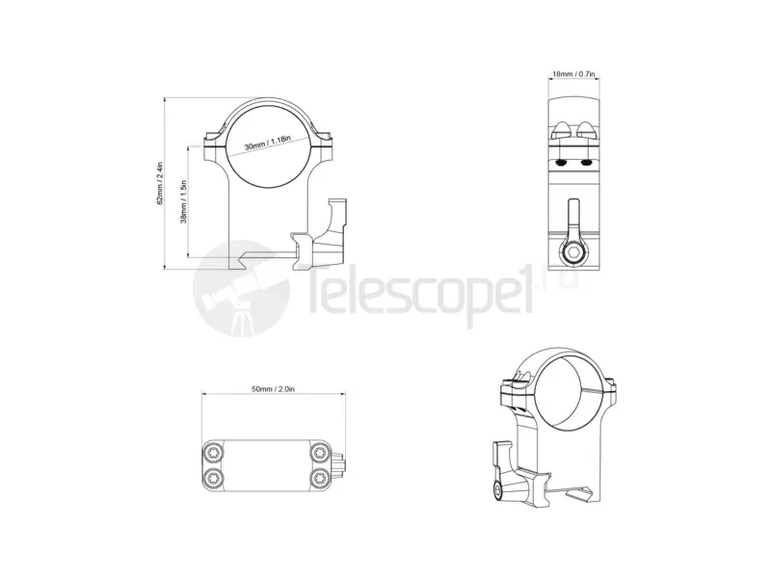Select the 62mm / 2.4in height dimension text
[x=159, y=183]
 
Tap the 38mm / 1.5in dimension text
[x=183, y=202]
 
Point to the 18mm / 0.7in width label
[x=573, y=74]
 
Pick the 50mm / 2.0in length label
[x=274, y=389]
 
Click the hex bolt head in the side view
[x=573, y=253]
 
